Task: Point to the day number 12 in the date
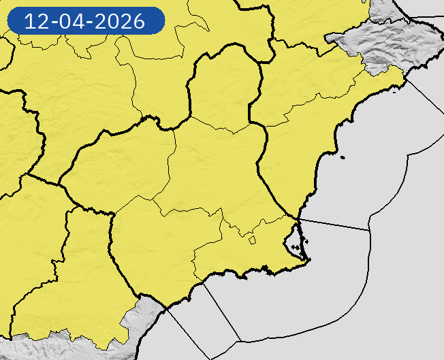[35, 21]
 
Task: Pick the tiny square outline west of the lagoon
[252, 239]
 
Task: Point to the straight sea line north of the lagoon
[334, 225]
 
